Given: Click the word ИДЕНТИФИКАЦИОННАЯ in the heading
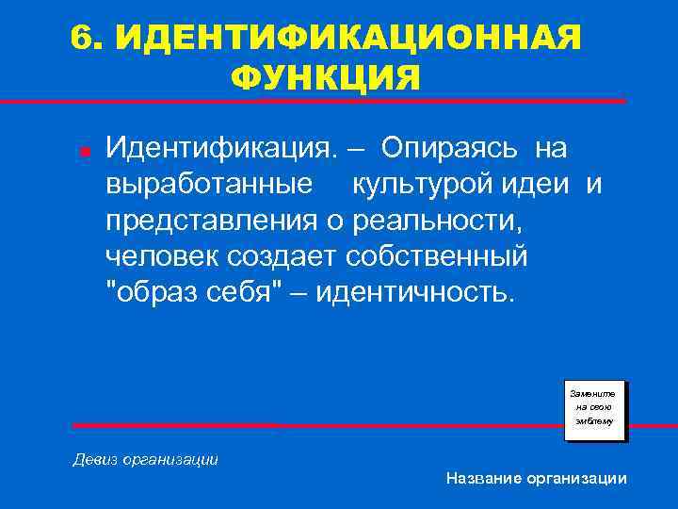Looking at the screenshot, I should pos(351,39).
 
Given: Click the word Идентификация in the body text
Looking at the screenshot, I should pos(219,148).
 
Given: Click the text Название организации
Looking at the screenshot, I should pos(536,479).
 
